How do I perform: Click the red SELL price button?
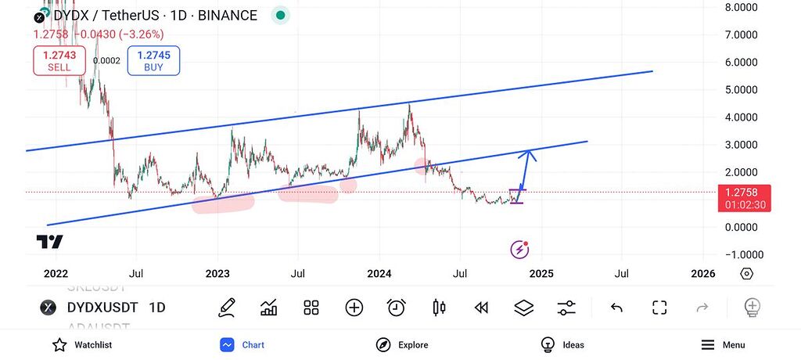[59, 60]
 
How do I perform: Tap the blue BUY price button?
[153, 60]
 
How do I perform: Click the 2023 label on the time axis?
[217, 273]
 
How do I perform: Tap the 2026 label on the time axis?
[702, 273]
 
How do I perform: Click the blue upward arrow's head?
[530, 153]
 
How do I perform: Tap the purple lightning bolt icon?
[519, 250]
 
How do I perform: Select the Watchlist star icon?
[59, 344]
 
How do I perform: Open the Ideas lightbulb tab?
[548, 344]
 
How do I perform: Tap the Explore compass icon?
[383, 344]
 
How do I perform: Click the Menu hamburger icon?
[708, 344]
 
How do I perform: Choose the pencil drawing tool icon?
[227, 308]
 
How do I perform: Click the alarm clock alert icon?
[397, 308]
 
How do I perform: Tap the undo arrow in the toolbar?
[616, 308]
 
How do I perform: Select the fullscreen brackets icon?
[659, 308]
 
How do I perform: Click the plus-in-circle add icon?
[354, 308]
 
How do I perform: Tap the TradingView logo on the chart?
[49, 241]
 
